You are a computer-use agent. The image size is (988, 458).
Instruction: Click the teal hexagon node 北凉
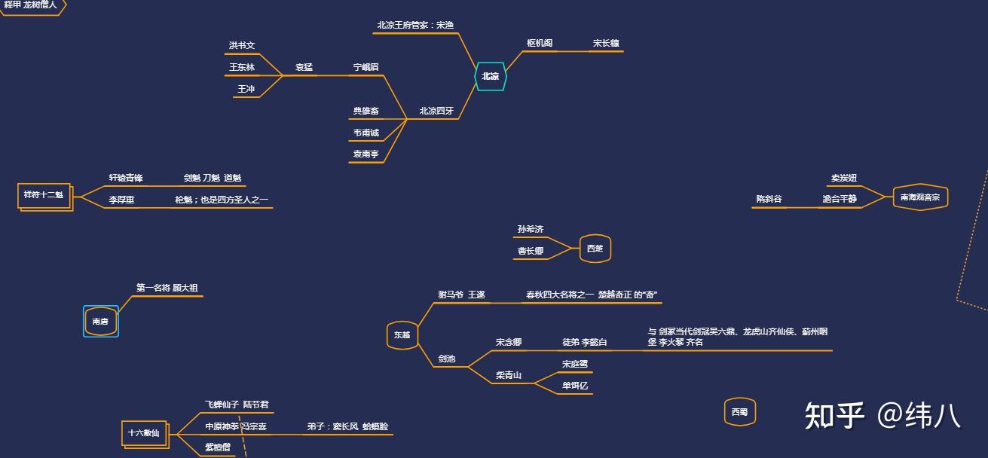click(490, 76)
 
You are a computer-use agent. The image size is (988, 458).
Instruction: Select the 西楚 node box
click(595, 249)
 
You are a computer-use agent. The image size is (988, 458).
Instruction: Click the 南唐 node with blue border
click(100, 322)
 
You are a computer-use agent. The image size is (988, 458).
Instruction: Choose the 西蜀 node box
click(739, 412)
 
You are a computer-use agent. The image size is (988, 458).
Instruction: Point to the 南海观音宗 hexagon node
click(919, 197)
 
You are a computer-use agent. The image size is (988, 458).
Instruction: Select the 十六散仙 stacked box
click(143, 433)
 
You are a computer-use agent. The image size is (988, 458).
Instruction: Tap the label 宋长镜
click(606, 44)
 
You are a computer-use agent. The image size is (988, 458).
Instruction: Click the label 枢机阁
click(540, 44)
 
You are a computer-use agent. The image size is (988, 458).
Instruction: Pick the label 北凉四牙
click(436, 111)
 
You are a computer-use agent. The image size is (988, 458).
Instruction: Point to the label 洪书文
click(242, 46)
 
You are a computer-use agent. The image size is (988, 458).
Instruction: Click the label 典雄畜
click(366, 111)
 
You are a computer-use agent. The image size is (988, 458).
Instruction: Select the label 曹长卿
click(530, 251)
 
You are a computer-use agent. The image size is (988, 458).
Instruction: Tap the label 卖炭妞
click(844, 179)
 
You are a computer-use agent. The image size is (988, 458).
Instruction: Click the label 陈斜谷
click(769, 200)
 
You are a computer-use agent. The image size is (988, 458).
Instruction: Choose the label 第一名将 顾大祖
click(167, 288)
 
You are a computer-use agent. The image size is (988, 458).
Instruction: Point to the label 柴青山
click(509, 375)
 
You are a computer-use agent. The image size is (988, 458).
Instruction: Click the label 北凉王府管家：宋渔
click(415, 25)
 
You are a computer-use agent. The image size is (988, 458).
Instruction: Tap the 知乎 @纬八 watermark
click(882, 415)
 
